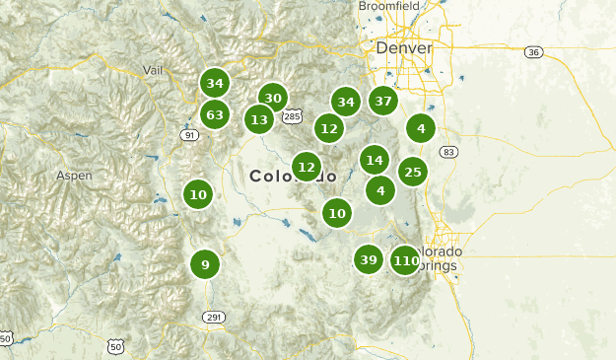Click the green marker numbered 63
[215, 114]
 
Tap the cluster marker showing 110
[405, 261]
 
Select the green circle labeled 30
[273, 98]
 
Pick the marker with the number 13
[259, 120]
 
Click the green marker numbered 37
[383, 101]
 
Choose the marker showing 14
[374, 160]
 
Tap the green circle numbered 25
[413, 173]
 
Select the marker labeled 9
[205, 264]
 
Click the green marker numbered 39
[369, 260]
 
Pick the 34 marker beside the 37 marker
[345, 102]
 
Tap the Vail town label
[152, 70]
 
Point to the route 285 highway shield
[292, 117]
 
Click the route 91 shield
[189, 135]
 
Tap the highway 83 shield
[448, 152]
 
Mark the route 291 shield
[214, 317]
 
